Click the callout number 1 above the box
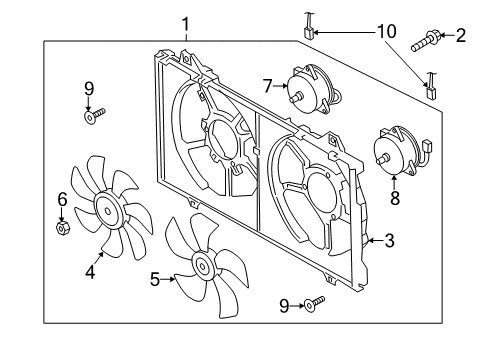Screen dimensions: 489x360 pos(185,24)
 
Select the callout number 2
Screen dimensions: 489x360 pos(461,35)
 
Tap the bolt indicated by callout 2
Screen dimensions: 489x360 pos(426,41)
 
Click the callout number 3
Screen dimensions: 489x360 pos(389,240)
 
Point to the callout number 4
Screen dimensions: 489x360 pos(90,271)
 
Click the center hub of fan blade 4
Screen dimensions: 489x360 pos(108,211)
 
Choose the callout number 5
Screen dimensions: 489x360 pos(154,279)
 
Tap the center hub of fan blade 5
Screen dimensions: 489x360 pos(202,266)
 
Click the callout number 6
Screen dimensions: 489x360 pos(62,199)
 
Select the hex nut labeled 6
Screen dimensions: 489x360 pos(62,228)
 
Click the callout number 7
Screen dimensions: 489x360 pos(267,86)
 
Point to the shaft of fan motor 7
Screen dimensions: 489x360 pos(296,97)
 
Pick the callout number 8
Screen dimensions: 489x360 pos(395,198)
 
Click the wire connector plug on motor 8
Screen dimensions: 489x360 pos(427,146)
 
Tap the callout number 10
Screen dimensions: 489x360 pos(387,32)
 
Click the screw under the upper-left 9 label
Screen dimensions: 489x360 pos(94,115)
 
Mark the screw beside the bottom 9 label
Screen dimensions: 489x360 pos(314,303)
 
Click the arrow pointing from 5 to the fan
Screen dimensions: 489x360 pos(168,279)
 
